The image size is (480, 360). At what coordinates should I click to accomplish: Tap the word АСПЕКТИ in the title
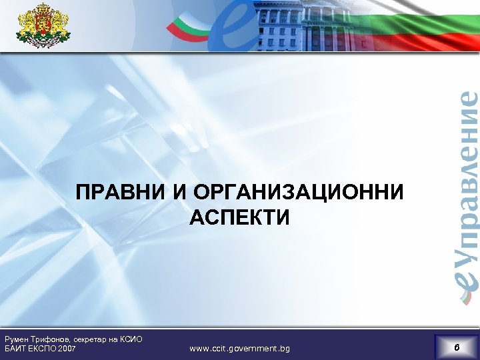point(240,217)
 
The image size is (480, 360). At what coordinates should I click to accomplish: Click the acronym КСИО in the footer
point(131,339)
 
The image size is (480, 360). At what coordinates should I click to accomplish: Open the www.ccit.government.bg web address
point(239,349)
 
